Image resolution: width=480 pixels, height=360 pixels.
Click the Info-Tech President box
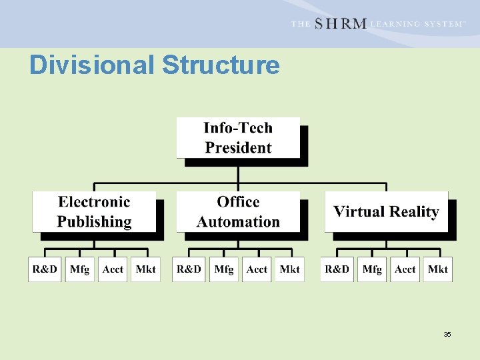[x=238, y=138]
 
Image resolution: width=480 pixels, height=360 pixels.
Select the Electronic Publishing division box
[x=94, y=211]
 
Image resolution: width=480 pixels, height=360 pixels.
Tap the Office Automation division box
[x=238, y=211]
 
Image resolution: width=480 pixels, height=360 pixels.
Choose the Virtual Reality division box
[x=386, y=212]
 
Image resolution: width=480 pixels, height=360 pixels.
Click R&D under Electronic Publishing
[x=45, y=269]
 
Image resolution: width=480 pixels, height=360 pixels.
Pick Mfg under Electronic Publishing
[x=79, y=269]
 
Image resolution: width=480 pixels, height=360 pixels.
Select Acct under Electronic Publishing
[x=113, y=269]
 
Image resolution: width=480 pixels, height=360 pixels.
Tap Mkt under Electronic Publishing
[x=145, y=269]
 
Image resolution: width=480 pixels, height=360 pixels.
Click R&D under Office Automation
[x=189, y=269]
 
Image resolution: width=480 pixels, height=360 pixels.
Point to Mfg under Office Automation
[x=223, y=269]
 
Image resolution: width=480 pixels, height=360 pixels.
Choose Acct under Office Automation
[x=257, y=269]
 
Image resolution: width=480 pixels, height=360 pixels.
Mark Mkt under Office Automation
[x=289, y=269]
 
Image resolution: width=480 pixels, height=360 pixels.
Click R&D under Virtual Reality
[x=337, y=269]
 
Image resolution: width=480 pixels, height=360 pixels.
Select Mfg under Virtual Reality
[x=371, y=269]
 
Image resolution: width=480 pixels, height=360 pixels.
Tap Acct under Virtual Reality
[x=405, y=269]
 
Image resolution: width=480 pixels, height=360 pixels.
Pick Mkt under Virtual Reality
[x=437, y=269]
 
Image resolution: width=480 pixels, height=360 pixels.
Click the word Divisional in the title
[x=92, y=65]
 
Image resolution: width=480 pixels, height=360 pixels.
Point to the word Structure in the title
[x=221, y=65]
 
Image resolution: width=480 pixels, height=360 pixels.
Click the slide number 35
[x=447, y=334]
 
